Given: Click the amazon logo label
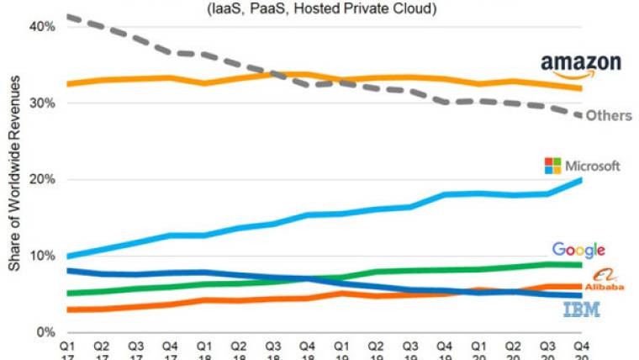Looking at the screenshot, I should [580, 64].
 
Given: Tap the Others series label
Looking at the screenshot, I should [608, 115].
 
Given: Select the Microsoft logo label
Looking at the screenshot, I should [582, 166].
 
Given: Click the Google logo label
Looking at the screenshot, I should [578, 249].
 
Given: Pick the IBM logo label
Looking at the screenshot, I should [581, 310].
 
